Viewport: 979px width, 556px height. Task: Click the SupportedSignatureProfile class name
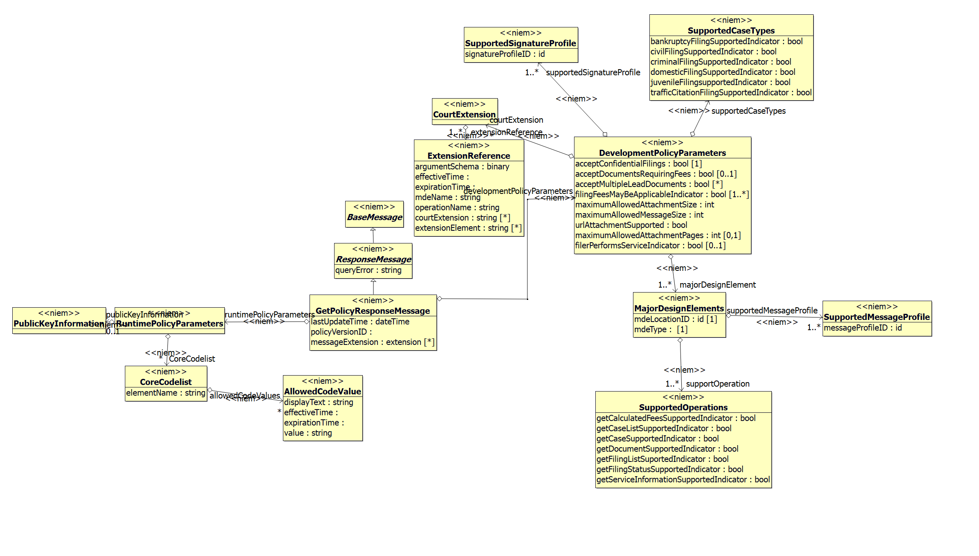click(x=520, y=43)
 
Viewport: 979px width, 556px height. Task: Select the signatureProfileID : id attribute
click(x=505, y=54)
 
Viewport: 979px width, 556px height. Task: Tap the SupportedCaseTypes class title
click(x=731, y=31)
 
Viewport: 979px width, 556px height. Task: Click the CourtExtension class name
click(x=464, y=115)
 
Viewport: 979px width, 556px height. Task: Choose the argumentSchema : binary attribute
click(x=462, y=167)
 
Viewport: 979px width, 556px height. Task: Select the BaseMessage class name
click(x=374, y=217)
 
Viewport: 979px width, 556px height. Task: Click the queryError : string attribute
click(x=368, y=270)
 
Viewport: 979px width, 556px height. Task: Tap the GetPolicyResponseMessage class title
click(x=373, y=311)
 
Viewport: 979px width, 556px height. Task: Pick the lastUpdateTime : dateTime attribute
click(x=360, y=322)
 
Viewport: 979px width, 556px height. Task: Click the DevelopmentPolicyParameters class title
click(x=662, y=153)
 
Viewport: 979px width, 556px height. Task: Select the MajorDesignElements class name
click(x=679, y=308)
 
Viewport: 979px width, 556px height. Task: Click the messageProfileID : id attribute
click(x=862, y=328)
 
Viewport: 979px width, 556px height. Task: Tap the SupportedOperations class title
click(x=683, y=407)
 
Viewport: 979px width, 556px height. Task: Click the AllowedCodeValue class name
click(x=322, y=392)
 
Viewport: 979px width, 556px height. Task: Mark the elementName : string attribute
click(x=165, y=393)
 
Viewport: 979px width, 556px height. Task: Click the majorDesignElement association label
click(x=717, y=285)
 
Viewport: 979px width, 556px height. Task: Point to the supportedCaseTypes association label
click(x=748, y=111)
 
